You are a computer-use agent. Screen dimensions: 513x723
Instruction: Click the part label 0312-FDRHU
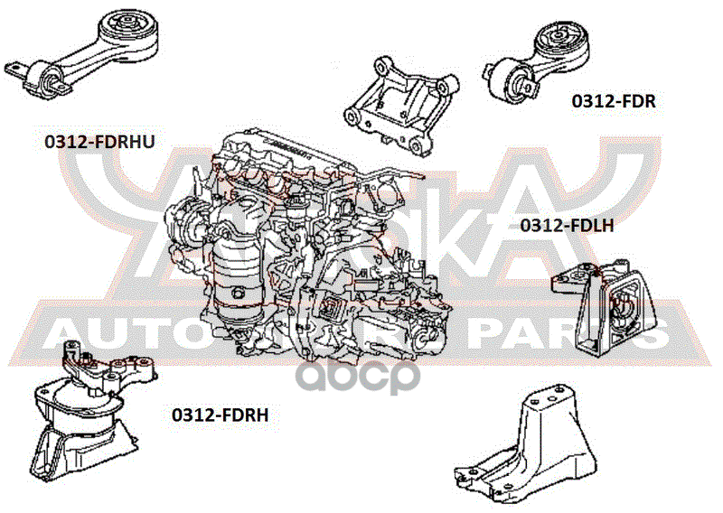coord(99,141)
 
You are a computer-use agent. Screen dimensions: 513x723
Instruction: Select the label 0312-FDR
coord(613,101)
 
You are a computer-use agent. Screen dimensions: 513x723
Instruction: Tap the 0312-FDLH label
coord(567,225)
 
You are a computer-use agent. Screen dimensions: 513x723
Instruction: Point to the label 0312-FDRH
coord(221,415)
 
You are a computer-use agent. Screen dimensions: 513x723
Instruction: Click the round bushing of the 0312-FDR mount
coord(559,42)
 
